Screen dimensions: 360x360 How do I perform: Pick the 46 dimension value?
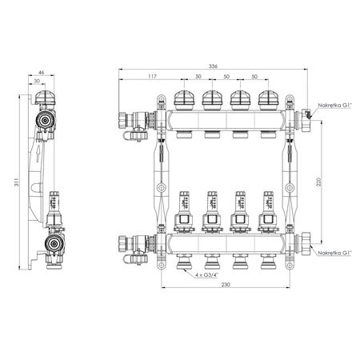[42, 73]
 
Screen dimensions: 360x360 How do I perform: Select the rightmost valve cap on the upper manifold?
[268, 101]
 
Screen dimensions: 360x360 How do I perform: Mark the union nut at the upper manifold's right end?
[306, 121]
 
